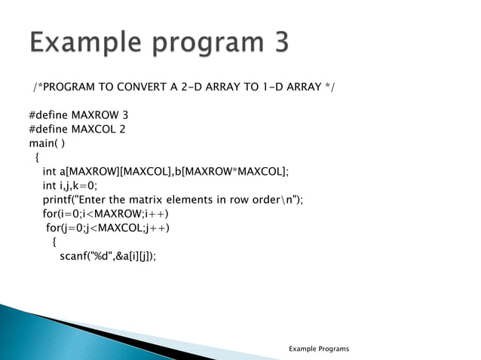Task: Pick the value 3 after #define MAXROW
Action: pyautogui.click(x=115, y=116)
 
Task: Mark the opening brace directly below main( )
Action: pyautogui.click(x=38, y=157)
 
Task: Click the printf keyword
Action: pyautogui.click(x=59, y=200)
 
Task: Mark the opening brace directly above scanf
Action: pyautogui.click(x=54, y=242)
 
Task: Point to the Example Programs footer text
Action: pyautogui.click(x=319, y=349)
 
